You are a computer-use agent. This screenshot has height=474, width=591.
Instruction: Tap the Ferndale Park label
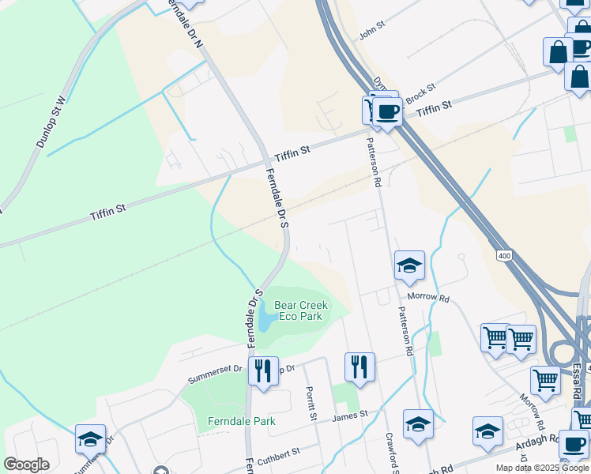point(241,421)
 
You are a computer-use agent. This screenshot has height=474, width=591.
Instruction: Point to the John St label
point(371,31)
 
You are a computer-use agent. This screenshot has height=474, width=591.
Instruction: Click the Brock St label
point(420,93)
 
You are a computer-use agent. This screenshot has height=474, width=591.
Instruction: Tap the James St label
point(350,415)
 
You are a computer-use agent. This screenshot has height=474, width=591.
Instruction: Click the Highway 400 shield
point(505,256)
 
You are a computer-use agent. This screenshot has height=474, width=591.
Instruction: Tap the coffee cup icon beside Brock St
point(387,111)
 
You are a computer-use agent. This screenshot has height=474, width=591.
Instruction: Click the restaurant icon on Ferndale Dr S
point(262,371)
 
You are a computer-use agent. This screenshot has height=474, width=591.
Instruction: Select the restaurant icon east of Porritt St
point(359,366)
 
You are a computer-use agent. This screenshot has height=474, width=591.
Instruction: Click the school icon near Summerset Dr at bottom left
point(91,439)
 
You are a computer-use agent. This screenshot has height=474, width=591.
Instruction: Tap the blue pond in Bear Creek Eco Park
point(265,319)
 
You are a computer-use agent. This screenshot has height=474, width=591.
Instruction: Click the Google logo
point(26,465)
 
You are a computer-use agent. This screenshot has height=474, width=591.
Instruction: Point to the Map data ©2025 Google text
point(543,468)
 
